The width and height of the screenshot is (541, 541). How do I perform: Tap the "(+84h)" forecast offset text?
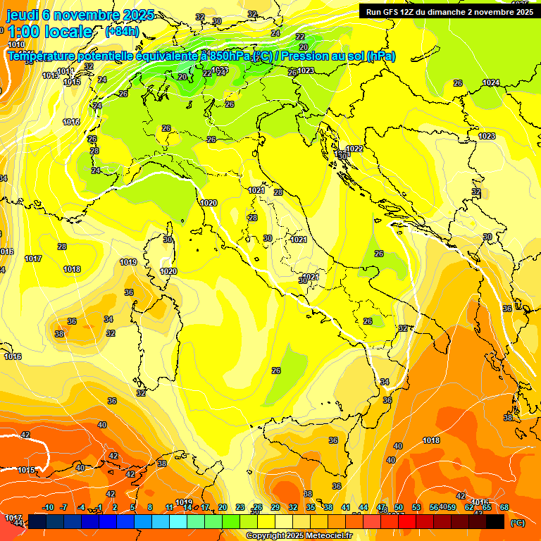122,32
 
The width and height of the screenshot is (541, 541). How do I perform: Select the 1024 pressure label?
491,83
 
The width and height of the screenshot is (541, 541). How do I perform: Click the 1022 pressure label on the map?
354,149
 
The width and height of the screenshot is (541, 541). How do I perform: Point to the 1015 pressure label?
27,470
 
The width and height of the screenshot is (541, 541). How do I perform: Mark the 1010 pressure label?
15,44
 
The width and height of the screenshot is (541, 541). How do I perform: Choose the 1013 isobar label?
50,75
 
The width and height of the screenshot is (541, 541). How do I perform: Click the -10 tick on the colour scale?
48,507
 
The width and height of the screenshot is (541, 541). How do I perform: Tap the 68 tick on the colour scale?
504,507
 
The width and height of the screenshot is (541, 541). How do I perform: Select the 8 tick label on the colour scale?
150,507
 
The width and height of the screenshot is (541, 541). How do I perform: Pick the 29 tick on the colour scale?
275,507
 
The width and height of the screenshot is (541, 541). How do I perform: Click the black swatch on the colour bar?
495,521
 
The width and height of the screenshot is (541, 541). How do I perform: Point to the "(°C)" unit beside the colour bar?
517,523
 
